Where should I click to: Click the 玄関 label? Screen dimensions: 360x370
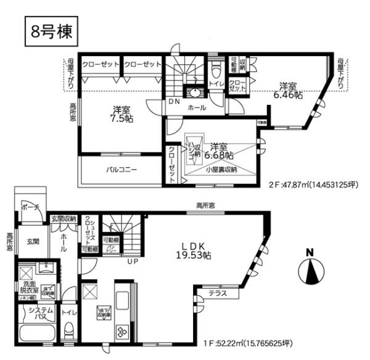click(32, 242)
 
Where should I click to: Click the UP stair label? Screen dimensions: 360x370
click(131, 261)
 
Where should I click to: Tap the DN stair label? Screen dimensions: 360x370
click(173, 102)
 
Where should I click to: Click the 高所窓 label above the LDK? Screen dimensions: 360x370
click(207, 206)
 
